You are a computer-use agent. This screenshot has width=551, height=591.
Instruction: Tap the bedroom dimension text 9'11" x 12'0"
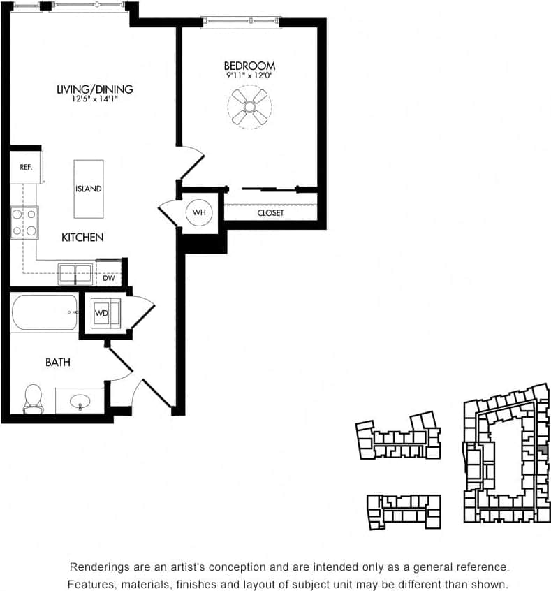(x=249, y=75)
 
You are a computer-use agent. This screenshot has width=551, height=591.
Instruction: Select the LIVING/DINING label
(x=95, y=89)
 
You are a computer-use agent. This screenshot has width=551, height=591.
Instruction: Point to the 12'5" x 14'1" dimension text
(x=95, y=98)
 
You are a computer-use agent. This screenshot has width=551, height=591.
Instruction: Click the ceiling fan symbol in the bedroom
(x=249, y=106)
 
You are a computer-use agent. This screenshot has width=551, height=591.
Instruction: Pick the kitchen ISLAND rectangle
(x=89, y=189)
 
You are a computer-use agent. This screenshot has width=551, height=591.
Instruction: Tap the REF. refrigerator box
(x=26, y=168)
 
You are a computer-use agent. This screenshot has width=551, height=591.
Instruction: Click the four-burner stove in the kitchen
(x=24, y=222)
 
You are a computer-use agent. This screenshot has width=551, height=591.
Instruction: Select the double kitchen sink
(x=75, y=273)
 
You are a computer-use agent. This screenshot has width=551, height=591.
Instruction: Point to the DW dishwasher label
(x=108, y=277)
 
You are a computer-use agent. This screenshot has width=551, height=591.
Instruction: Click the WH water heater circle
(x=200, y=212)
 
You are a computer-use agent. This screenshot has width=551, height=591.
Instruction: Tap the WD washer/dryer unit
(x=103, y=313)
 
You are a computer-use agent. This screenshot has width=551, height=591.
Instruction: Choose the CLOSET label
(x=270, y=212)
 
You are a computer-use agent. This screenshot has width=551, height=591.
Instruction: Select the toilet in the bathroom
(x=32, y=398)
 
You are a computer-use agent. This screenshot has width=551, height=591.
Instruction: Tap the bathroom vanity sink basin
(x=80, y=402)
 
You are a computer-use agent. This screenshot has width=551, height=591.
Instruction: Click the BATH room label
(x=57, y=362)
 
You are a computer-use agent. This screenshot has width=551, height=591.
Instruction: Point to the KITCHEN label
(x=82, y=238)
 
